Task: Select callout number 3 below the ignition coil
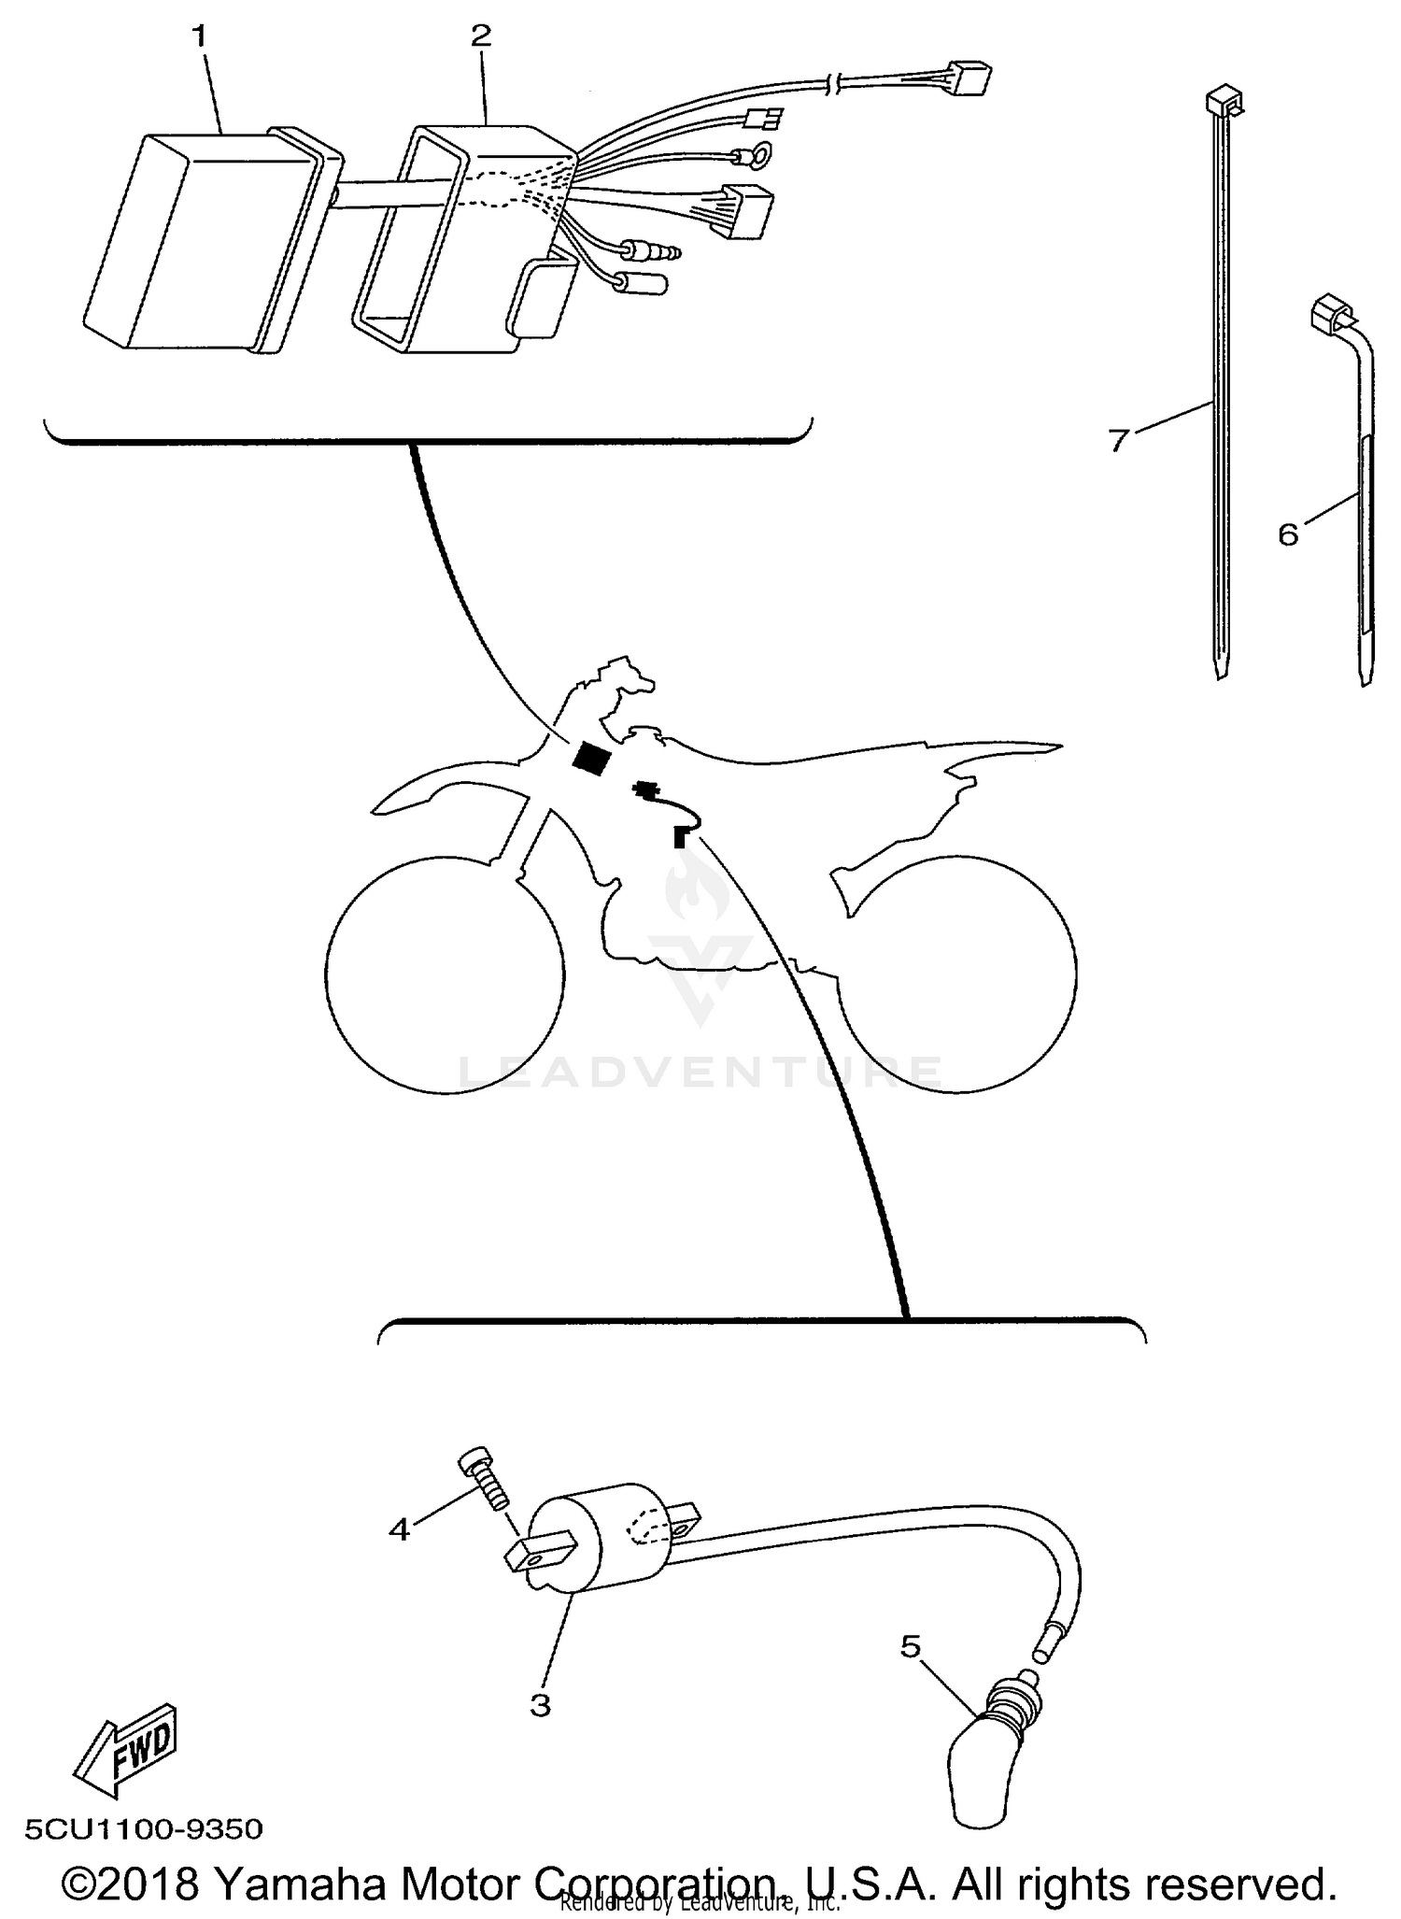point(540,1704)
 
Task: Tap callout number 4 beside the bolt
point(400,1529)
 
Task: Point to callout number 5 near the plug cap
point(911,1645)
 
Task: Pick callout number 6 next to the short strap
point(1288,534)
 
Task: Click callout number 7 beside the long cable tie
point(1120,439)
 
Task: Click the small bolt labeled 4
point(485,1481)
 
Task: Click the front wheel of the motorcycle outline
point(445,974)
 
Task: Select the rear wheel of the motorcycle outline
point(957,974)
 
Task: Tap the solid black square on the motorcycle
point(592,758)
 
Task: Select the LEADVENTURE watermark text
point(700,1072)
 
